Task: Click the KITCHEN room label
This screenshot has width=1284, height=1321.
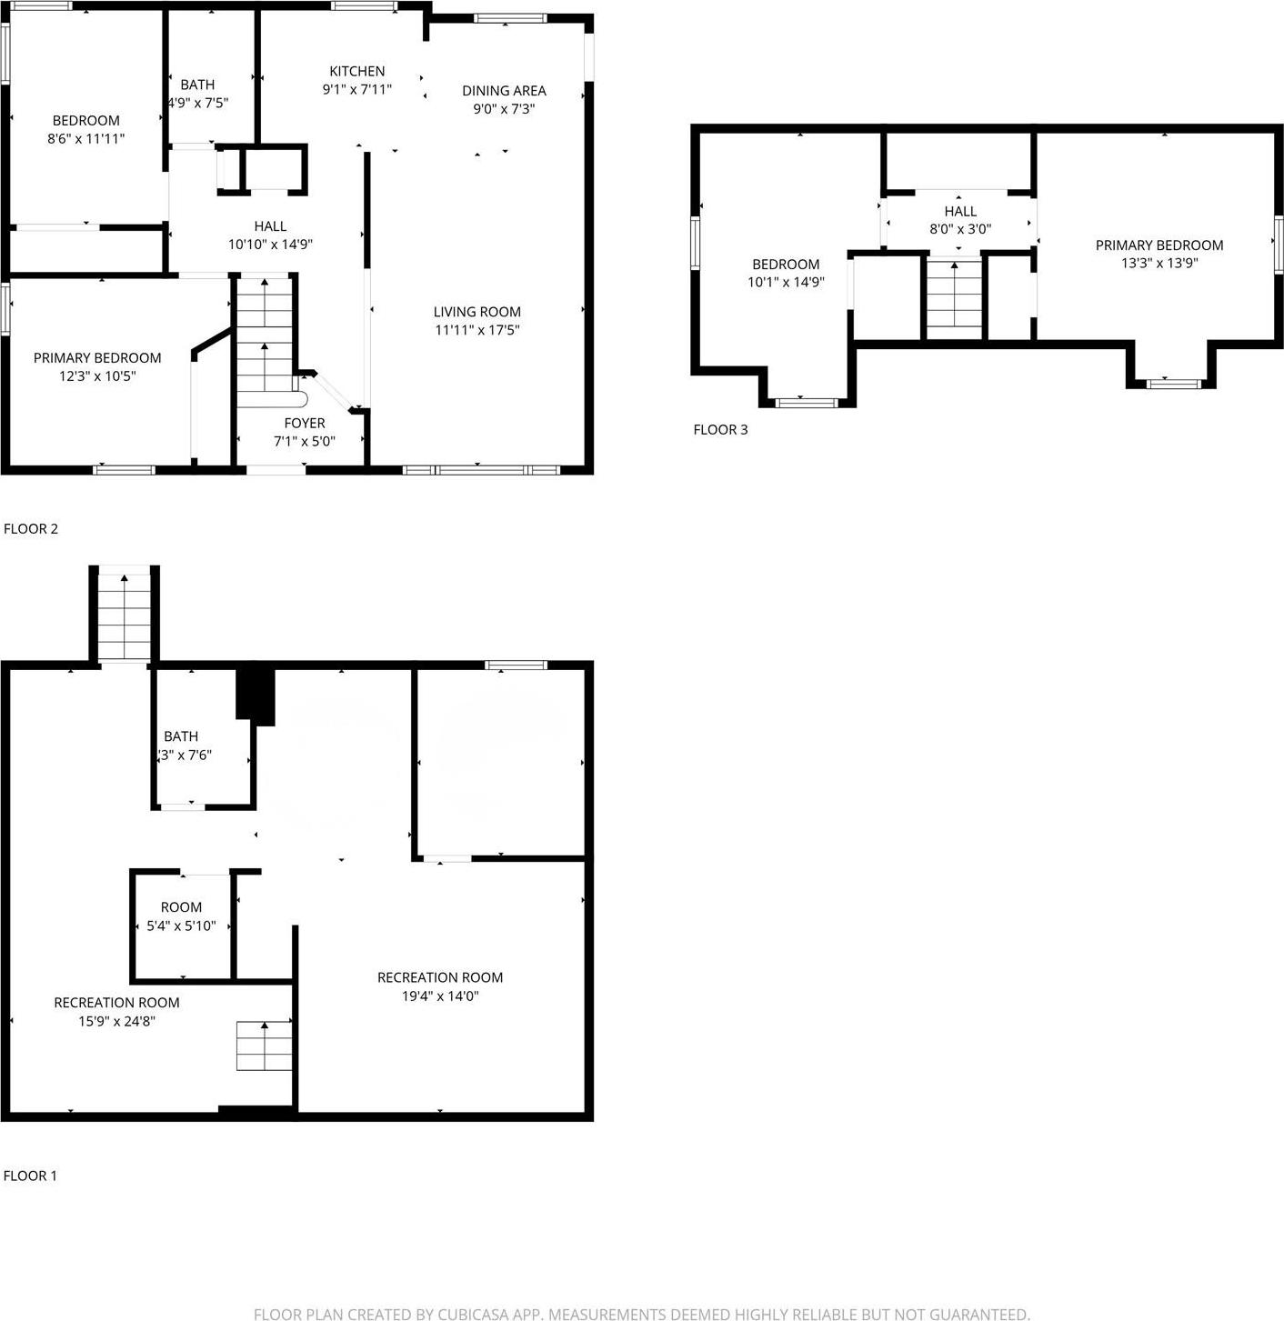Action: [356, 71]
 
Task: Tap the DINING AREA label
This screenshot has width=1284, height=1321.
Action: [504, 90]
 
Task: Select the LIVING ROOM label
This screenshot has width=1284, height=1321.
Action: [476, 312]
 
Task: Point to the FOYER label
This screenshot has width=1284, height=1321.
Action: [304, 423]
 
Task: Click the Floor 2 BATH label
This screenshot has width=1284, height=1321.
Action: [197, 85]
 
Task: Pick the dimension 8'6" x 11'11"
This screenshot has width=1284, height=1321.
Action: [86, 139]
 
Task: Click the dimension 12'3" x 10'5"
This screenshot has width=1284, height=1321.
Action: [97, 376]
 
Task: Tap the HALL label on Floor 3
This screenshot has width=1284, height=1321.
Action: [960, 211]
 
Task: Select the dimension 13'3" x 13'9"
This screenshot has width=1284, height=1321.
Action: [1159, 264]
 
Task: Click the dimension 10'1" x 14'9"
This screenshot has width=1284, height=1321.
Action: [786, 283]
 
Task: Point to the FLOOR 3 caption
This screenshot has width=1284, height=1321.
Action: [720, 429]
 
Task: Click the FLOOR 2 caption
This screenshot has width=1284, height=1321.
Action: [31, 528]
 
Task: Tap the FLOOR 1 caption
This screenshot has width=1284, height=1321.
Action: [30, 1176]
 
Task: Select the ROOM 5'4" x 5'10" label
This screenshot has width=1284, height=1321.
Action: [181, 907]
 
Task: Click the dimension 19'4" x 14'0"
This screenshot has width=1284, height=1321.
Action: [440, 996]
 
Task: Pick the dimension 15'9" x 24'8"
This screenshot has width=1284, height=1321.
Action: [116, 1021]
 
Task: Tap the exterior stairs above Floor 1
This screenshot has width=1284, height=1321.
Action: [125, 615]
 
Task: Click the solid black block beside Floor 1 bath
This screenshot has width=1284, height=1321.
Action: [256, 696]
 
